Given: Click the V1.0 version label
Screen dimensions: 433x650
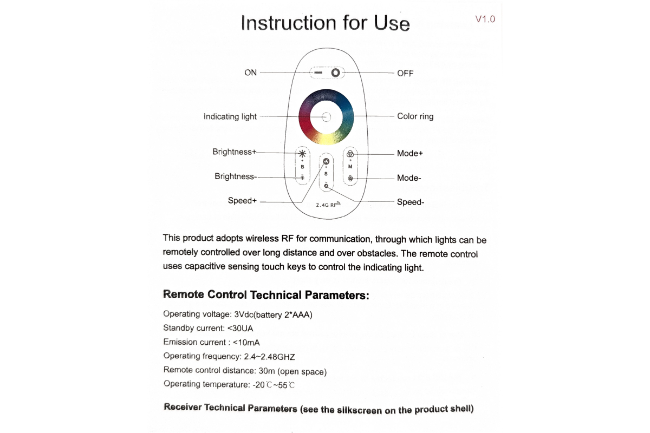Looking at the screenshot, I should [x=485, y=19].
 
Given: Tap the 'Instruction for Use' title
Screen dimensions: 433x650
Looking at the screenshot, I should [x=325, y=23].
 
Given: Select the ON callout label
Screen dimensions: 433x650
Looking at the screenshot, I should [x=251, y=73].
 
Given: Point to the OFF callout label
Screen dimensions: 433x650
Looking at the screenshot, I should [x=405, y=73].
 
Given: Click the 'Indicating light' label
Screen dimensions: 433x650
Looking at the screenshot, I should [x=230, y=116].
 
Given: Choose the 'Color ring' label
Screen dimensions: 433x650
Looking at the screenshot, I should [x=415, y=116].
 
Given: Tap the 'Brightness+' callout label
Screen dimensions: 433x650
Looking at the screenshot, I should [x=234, y=152].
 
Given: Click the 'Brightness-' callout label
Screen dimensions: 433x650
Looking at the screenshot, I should [x=236, y=176].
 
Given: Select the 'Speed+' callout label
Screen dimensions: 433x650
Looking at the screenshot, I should [x=242, y=201].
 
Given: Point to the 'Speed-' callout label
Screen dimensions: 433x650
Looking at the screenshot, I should [x=411, y=202].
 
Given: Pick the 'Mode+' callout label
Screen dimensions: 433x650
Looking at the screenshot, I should [x=409, y=153].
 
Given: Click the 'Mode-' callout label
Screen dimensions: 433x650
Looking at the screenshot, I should [x=409, y=178].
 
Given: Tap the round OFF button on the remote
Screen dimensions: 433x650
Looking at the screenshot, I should [x=336, y=73].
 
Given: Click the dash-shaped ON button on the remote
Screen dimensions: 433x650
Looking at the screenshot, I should [x=318, y=73].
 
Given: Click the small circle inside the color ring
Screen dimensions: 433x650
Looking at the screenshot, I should [x=326, y=116].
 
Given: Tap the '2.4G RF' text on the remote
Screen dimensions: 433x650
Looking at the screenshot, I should [x=327, y=205].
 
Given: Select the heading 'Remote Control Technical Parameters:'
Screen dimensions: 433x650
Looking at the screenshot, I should [x=266, y=295].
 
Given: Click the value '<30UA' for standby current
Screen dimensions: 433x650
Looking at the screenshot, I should [x=240, y=328].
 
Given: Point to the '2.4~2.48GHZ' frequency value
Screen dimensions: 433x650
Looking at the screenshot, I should [x=270, y=357].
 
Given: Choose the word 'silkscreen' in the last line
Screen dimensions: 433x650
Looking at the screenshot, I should [x=359, y=410].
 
